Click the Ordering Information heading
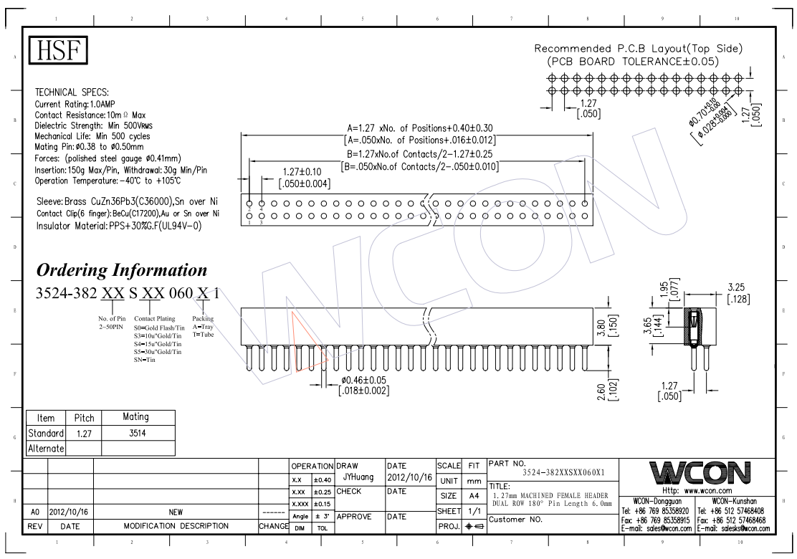pyautogui.click(x=121, y=271)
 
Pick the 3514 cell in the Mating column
pyautogui.click(x=135, y=433)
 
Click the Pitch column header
pyautogui.click(x=84, y=418)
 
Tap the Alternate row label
pyautogui.click(x=46, y=449)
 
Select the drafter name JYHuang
pyautogui.click(x=358, y=477)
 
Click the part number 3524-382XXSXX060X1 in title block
pyautogui.click(x=563, y=473)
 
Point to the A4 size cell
pyautogui.click(x=474, y=496)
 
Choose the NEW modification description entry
pyautogui.click(x=176, y=512)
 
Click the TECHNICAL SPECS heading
pyautogui.click(x=72, y=92)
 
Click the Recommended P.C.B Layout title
pyautogui.click(x=639, y=49)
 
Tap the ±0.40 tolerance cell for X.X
pyautogui.click(x=323, y=480)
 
